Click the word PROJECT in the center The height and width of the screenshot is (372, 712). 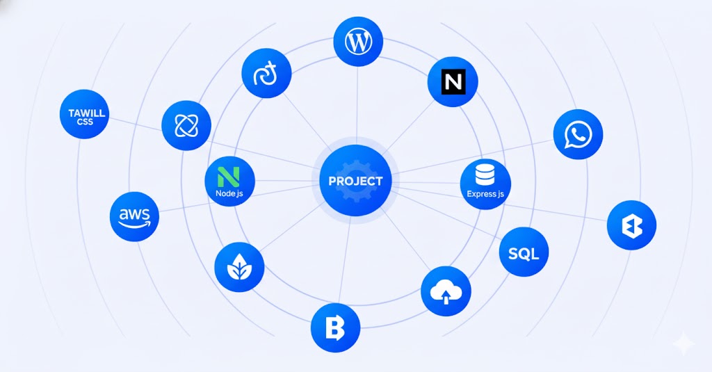pos(355,181)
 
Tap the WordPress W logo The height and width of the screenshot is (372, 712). pos(358,42)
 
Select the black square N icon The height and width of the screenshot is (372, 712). pos(453,82)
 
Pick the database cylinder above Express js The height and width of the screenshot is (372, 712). pos(485,175)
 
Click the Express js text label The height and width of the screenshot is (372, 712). pos(485,194)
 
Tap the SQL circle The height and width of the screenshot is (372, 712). pos(524,252)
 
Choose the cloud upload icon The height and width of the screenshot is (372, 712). pos(446,291)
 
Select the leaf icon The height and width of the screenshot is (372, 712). pos(239,266)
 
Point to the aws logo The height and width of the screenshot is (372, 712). pos(134,217)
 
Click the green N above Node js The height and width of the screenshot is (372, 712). pos(229,177)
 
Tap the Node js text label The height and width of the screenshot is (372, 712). pos(229,193)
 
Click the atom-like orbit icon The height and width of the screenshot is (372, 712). pos(186,125)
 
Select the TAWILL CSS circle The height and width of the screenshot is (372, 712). pos(84,114)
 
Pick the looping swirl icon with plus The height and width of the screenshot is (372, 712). pos(266,74)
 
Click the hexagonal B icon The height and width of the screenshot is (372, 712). pos(631,225)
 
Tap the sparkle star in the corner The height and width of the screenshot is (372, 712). pos(684,344)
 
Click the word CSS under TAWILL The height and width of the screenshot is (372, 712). pos(85,122)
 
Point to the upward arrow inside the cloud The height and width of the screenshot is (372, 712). pos(446,298)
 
